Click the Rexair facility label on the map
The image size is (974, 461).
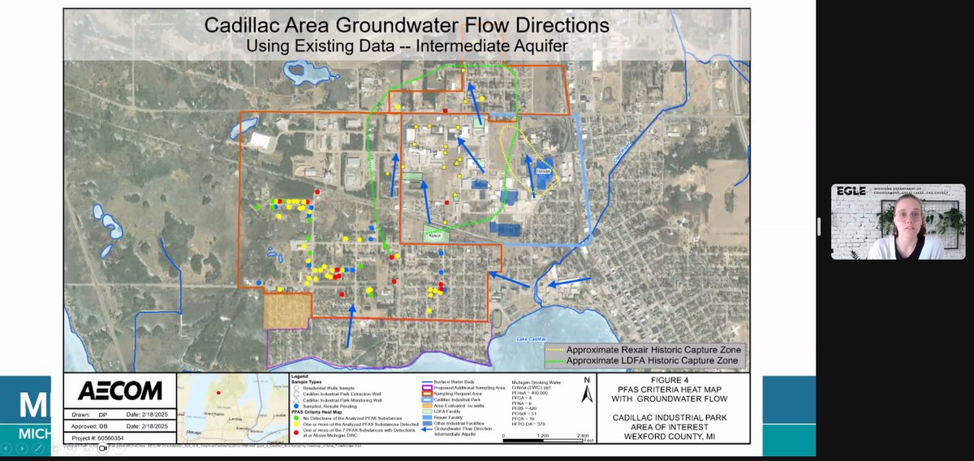[x=544, y=171]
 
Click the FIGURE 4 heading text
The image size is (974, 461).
[x=670, y=379]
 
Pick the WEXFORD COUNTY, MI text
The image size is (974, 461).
[x=670, y=436]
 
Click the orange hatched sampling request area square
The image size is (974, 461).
[x=287, y=311]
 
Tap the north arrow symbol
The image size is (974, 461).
[x=585, y=392]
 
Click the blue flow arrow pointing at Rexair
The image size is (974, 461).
[x=530, y=174]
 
